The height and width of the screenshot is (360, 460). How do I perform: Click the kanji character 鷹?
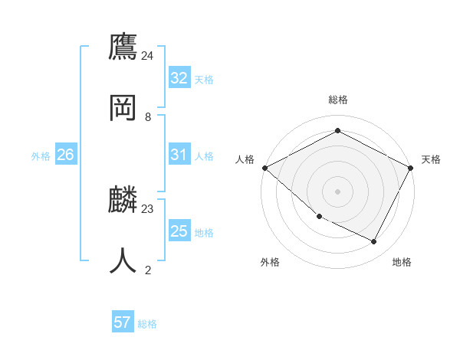(123, 47)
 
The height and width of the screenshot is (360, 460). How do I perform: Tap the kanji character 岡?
(123, 106)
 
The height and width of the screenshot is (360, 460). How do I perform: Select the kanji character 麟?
(123, 199)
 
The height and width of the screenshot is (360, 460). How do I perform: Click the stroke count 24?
(148, 56)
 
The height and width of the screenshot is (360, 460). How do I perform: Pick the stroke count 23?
(148, 208)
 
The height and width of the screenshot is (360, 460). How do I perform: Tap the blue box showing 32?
(179, 78)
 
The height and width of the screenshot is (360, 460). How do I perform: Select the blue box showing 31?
(179, 155)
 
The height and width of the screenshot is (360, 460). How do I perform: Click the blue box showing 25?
(179, 231)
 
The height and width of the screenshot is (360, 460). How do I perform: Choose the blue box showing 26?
(65, 155)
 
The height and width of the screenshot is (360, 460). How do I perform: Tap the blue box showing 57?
(123, 322)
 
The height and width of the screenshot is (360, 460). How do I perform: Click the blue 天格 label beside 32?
(204, 80)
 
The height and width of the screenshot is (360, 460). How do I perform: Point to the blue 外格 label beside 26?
(41, 156)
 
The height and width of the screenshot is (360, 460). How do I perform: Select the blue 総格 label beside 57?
(147, 324)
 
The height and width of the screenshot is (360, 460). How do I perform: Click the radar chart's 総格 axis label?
(338, 100)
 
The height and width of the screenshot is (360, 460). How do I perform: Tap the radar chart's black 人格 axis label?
(245, 159)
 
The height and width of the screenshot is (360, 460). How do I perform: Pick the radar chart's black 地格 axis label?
(402, 263)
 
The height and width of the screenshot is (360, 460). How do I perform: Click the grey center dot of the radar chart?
(338, 191)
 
